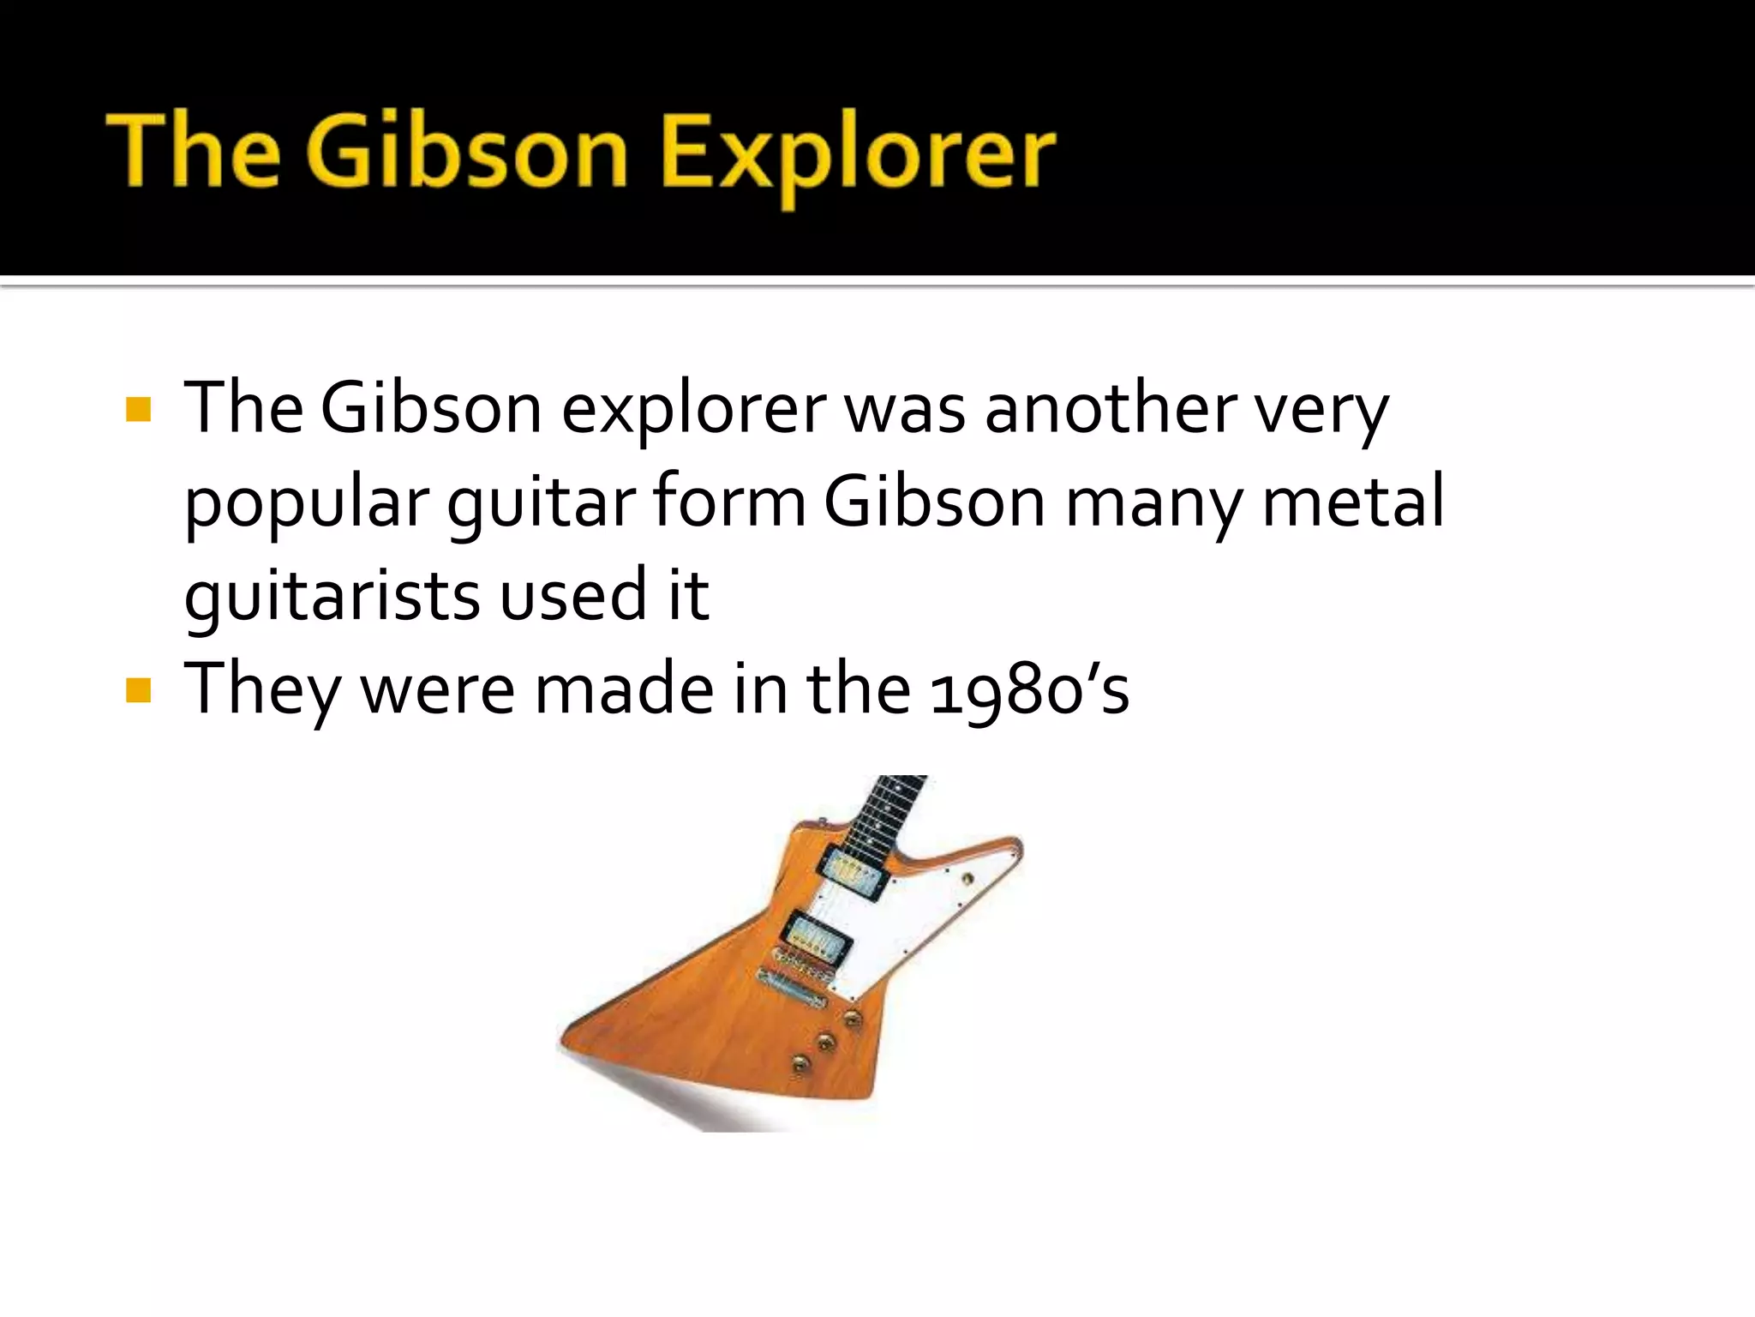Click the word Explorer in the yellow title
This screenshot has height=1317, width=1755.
pos(859,154)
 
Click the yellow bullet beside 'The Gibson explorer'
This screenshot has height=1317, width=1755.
pos(138,410)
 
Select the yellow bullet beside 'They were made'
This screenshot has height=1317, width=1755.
pos(138,689)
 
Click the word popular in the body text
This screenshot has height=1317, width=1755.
pos(306,504)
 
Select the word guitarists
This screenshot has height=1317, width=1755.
pos(332,597)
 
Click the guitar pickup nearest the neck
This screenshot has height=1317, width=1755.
pos(852,872)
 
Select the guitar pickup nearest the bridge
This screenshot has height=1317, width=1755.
pos(818,936)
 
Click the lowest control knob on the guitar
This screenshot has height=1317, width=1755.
pos(800,1064)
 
